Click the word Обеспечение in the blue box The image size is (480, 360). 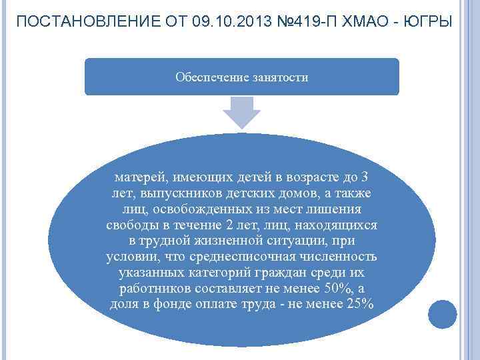point(211,77)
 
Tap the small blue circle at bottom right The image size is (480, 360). point(442,313)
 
